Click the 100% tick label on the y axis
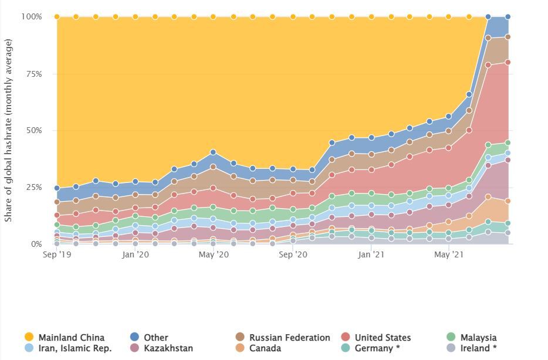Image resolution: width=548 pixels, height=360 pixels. click(32, 16)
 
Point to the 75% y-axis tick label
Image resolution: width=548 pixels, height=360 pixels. click(33, 74)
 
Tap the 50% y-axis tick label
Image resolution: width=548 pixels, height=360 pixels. click(33, 130)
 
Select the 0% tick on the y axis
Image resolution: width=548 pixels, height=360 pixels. click(36, 244)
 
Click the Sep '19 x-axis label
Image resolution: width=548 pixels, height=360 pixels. click(57, 254)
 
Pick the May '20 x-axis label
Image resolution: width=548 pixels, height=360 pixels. click(214, 254)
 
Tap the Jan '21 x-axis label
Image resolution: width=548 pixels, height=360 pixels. click(371, 254)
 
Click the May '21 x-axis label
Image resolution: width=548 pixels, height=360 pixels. click(449, 254)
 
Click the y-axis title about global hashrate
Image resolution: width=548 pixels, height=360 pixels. click(8, 130)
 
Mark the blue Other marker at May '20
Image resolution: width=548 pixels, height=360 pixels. click(213, 152)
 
